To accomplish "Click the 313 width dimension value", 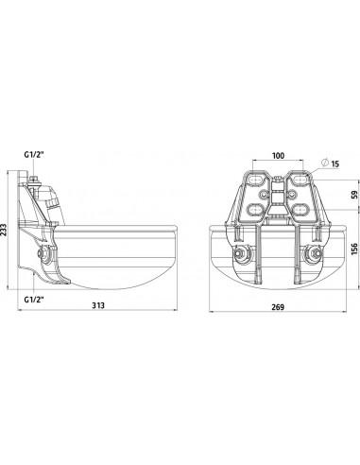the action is [98, 305].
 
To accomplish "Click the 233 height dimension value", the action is [4, 230].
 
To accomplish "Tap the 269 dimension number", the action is [278, 307].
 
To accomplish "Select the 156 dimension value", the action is [354, 249].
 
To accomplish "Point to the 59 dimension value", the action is [354, 195].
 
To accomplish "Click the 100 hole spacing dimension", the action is [278, 156].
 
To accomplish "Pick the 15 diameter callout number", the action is [335, 164].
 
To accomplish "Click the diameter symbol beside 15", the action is [325, 163].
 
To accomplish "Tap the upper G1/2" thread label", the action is [34, 155].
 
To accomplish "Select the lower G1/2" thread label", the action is [34, 300].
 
